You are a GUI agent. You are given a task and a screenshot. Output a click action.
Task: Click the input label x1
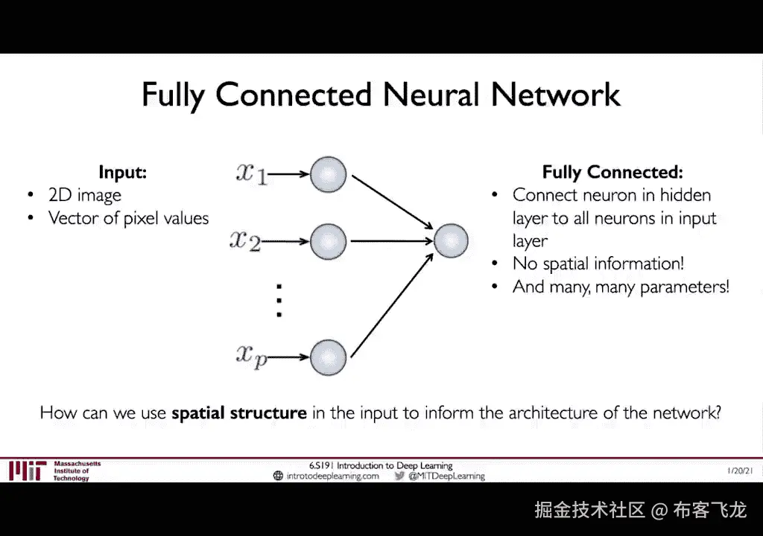[x=251, y=174]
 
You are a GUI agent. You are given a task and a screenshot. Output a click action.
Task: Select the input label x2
[x=245, y=240]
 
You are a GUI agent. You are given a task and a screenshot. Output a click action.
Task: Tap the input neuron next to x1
[x=329, y=175]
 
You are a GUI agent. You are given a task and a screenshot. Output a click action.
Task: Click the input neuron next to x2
[x=329, y=241]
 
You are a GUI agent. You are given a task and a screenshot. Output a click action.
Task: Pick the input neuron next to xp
[x=329, y=357]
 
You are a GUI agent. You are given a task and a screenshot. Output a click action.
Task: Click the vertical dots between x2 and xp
[x=279, y=299]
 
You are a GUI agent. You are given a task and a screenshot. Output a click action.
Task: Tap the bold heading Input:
[x=123, y=173]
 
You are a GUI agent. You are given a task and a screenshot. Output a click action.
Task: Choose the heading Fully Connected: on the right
[x=612, y=173]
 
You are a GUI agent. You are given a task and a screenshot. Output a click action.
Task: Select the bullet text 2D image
[x=85, y=195]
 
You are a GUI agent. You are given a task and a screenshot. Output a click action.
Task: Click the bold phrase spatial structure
[x=239, y=412]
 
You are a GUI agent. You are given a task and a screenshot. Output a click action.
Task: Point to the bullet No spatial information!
[x=598, y=264]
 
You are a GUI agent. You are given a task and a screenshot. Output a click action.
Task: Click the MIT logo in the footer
[x=28, y=470]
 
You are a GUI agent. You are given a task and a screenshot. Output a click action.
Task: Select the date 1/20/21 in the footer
[x=739, y=470]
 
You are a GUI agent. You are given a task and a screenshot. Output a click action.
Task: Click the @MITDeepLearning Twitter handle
[x=446, y=476]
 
